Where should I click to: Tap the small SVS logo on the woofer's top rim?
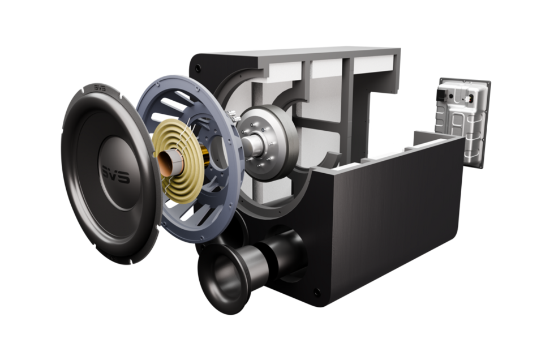[100, 88]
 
